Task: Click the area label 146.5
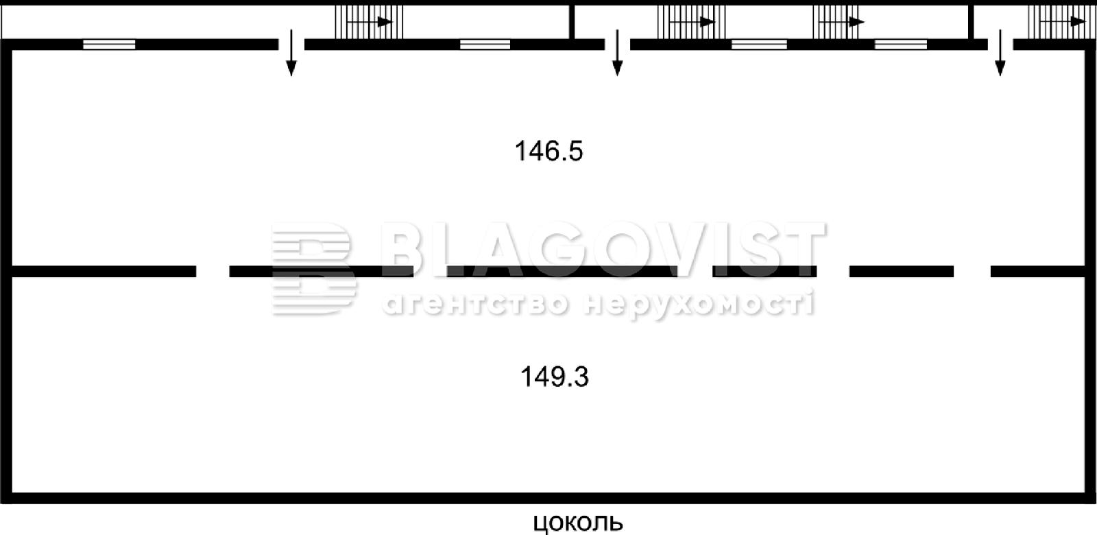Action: (548, 151)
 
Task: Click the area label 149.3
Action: (555, 377)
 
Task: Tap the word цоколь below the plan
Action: (578, 523)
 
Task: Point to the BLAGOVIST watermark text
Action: (603, 249)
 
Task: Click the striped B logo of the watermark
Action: (314, 268)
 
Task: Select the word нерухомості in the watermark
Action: (699, 304)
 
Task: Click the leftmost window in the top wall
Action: (109, 45)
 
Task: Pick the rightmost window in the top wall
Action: (901, 45)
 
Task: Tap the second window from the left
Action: (485, 45)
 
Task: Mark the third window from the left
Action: (759, 45)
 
